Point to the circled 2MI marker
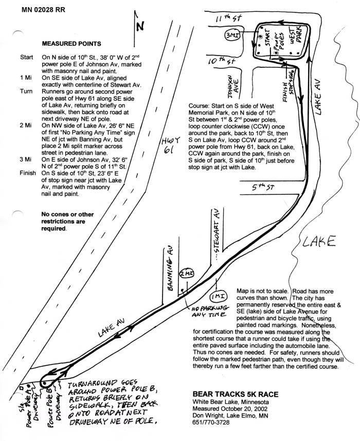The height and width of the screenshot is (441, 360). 186,274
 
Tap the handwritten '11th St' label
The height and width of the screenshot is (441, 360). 229,19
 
